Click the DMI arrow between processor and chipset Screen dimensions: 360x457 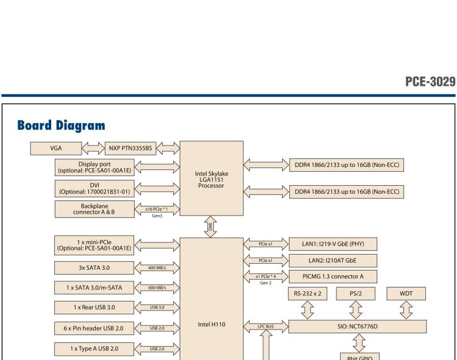click(x=211, y=226)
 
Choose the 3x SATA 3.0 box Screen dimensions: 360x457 click(x=94, y=267)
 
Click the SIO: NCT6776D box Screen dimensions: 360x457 click(x=358, y=326)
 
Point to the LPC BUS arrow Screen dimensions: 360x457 click(x=264, y=326)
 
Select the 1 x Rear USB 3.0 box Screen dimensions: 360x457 click(x=94, y=306)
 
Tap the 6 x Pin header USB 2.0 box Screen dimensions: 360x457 click(x=94, y=328)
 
